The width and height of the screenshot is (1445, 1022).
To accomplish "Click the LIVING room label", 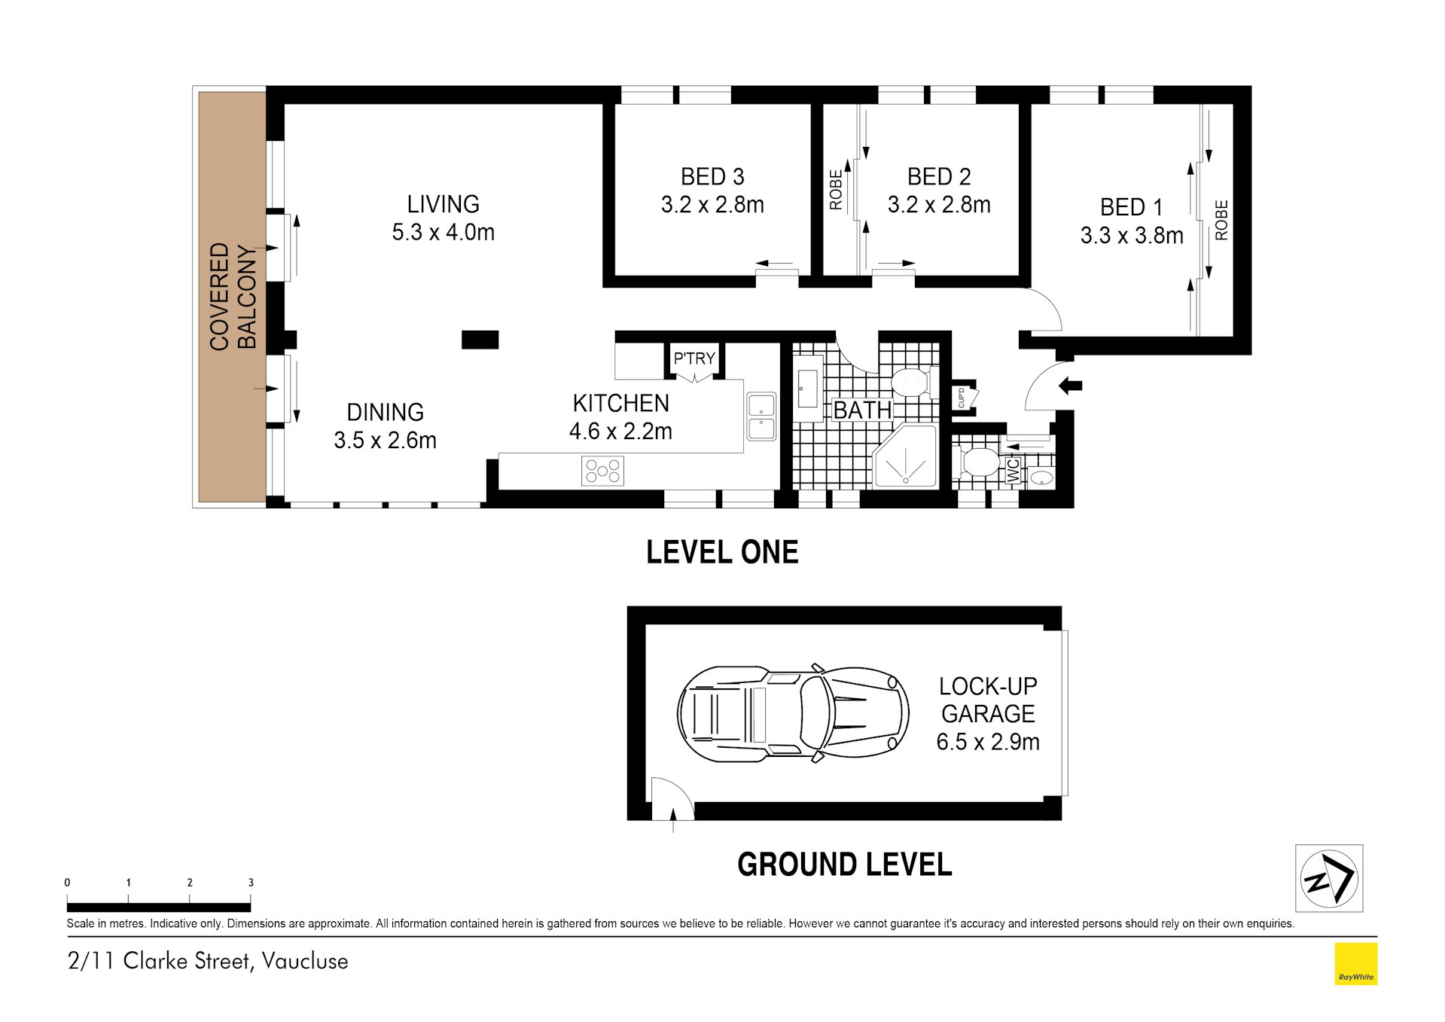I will (x=443, y=204).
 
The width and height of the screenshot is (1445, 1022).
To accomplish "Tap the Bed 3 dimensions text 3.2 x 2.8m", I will (x=712, y=205).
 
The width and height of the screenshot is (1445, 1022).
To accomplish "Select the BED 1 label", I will (x=1131, y=207).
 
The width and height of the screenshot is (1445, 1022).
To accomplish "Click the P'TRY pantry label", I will (x=694, y=358).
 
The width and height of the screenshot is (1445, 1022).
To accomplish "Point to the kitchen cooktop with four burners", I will (x=602, y=471).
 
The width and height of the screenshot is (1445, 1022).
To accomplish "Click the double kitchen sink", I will (x=761, y=416).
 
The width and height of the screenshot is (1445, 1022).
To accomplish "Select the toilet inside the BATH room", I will (x=913, y=382).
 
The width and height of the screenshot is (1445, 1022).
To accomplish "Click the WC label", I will (x=1013, y=471).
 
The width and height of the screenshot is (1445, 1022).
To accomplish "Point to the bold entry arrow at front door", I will (x=1070, y=386).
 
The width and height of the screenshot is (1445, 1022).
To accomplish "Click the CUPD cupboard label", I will (x=962, y=398).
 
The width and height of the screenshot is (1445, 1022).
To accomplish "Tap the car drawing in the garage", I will (x=793, y=712).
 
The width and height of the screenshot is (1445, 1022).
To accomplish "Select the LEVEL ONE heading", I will (x=721, y=552).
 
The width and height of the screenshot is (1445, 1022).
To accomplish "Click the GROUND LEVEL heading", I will (x=844, y=864).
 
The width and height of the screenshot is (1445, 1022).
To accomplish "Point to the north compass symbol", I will (x=1328, y=877).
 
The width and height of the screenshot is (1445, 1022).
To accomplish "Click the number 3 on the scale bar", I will (x=251, y=883).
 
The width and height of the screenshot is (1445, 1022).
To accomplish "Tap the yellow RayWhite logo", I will (x=1355, y=963).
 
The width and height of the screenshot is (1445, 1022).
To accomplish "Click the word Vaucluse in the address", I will (x=304, y=961).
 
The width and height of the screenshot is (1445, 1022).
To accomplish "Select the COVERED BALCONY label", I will (x=232, y=296).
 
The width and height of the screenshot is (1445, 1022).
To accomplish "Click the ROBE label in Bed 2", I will (x=835, y=190).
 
